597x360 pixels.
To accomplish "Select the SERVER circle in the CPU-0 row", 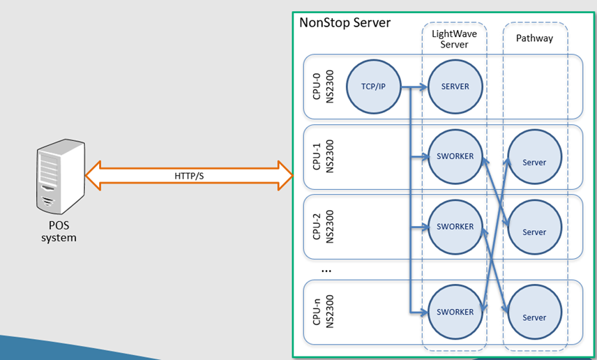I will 455,87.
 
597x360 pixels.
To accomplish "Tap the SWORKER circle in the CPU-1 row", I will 455,156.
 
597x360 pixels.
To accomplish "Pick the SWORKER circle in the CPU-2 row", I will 455,227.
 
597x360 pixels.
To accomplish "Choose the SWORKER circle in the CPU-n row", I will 455,312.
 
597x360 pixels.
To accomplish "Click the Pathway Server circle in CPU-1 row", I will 534,162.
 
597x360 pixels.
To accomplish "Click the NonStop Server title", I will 345,22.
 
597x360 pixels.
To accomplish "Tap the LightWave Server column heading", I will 455,39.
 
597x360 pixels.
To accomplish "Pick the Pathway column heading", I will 534,38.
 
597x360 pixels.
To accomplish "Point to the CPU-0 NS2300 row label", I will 324,86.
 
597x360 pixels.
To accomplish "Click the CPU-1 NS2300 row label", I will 324,156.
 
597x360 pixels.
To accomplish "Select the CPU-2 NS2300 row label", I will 324,227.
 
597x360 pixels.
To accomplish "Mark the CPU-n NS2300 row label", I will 324,312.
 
